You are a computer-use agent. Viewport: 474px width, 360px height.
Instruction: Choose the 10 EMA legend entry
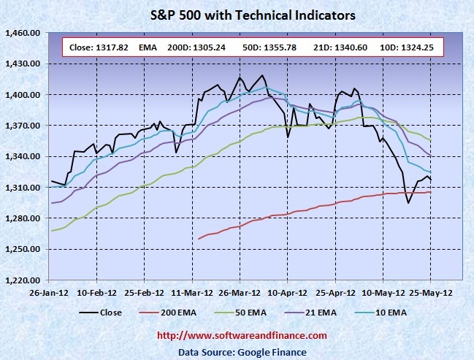tap(390, 313)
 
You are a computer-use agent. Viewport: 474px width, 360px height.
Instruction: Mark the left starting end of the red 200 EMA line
tap(199, 238)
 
